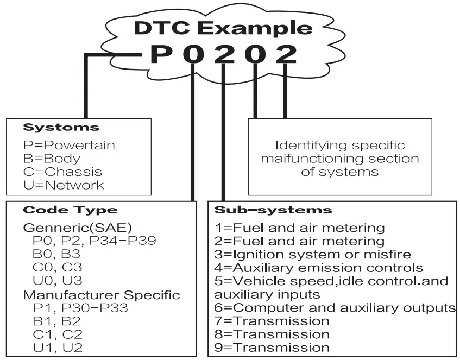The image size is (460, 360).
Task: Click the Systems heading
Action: point(61,128)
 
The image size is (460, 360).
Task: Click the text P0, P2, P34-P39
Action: point(82,241)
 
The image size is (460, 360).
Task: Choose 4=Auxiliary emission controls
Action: point(319,268)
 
